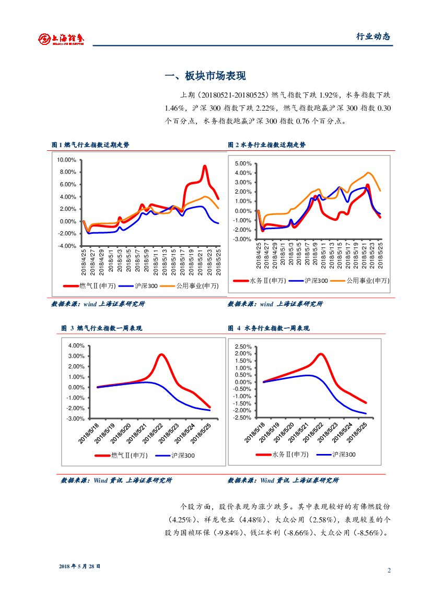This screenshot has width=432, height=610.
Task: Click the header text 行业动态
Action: (373, 37)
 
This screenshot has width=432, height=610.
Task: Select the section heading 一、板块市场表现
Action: (205, 76)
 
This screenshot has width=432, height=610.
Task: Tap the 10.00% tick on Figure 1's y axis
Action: (66, 160)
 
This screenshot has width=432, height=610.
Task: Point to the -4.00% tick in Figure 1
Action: (66, 246)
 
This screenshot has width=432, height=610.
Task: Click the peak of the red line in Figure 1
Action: (205, 166)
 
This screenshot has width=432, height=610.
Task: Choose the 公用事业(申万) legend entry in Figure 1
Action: (190, 286)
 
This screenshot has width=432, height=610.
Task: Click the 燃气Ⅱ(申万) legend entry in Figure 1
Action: (89, 286)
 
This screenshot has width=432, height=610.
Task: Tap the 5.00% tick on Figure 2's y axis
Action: (243, 163)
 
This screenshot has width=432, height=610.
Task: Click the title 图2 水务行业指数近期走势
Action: (267, 145)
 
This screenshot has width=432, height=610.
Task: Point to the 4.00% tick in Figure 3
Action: (76, 345)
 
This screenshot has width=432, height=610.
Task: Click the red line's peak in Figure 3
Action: (161, 355)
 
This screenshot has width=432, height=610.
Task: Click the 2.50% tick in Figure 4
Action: (243, 346)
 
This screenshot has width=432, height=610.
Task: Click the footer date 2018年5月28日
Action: (79, 566)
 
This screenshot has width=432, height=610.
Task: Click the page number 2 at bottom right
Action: (389, 570)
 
